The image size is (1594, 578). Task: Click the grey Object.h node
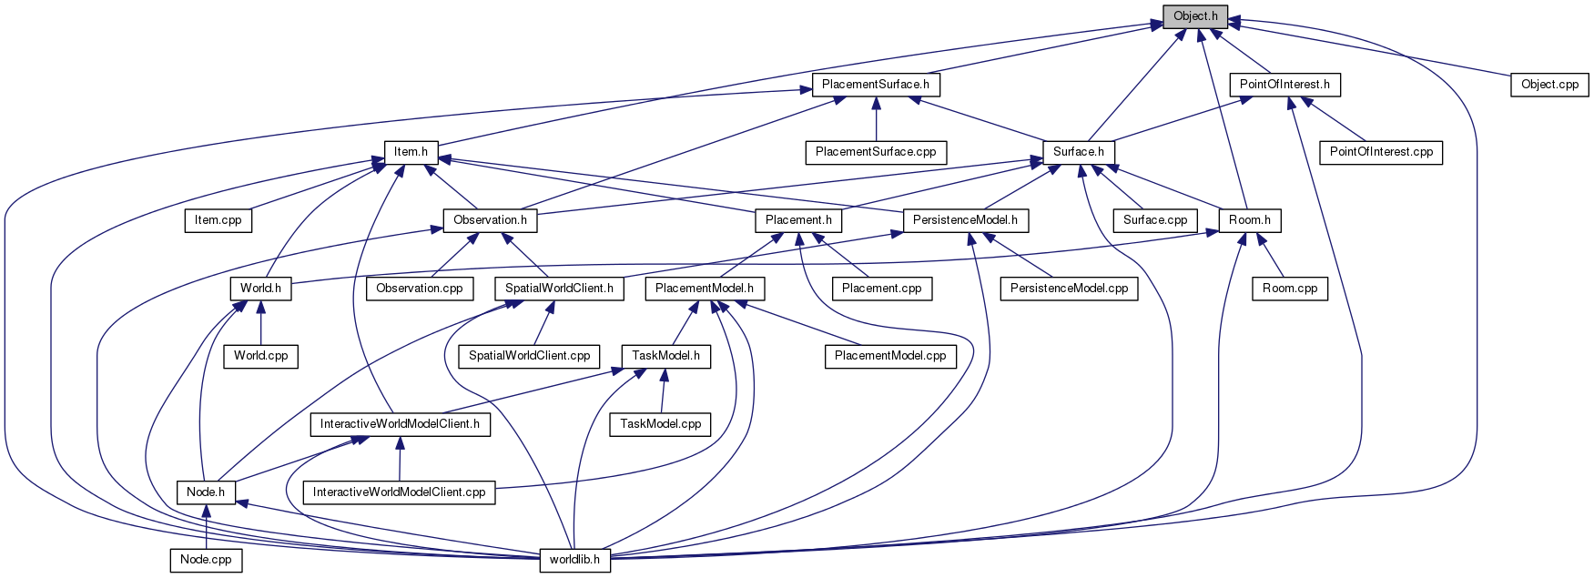click(1194, 16)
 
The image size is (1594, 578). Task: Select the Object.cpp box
click(1549, 85)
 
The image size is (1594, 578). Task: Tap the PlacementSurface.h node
click(875, 85)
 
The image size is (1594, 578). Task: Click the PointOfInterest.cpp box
click(1380, 152)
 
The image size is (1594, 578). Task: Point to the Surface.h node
click(1078, 152)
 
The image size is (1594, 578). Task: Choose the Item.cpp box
click(218, 220)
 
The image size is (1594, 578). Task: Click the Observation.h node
click(490, 220)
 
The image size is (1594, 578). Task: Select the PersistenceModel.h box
click(965, 220)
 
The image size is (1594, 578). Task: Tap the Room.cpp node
click(1289, 289)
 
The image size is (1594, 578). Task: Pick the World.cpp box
click(260, 356)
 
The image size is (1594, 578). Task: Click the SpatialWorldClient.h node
click(559, 289)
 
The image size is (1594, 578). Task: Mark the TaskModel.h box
click(665, 356)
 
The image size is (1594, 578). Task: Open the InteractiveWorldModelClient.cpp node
click(399, 492)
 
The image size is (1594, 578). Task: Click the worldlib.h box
click(574, 560)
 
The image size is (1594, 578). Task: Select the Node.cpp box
click(206, 560)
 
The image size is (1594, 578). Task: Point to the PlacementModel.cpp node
click(890, 356)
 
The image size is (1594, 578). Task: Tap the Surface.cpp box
click(1154, 220)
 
